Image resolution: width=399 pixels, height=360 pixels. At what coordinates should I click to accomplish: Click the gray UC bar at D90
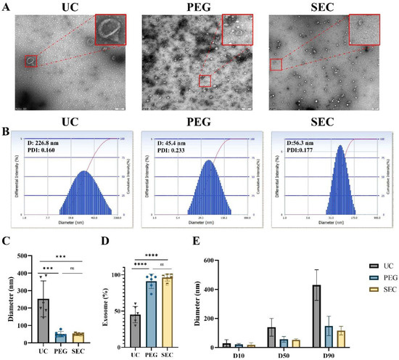coord(316,316)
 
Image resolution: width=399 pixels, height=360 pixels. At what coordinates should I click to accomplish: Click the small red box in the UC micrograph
coord(30,61)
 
